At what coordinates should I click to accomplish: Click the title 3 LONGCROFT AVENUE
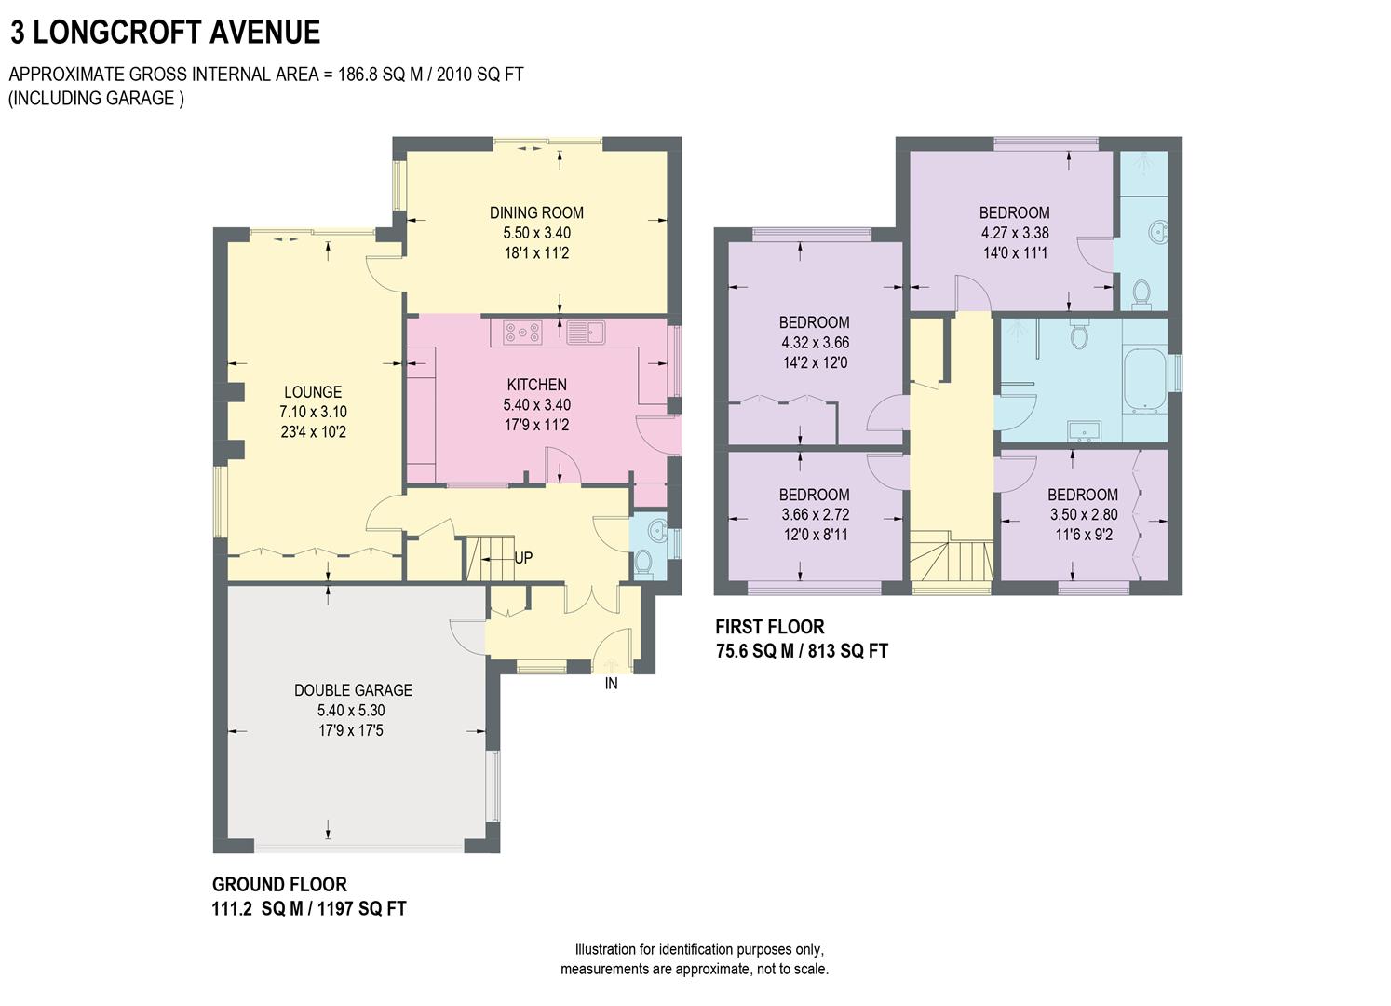[165, 33]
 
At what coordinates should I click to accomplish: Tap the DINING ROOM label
[536, 212]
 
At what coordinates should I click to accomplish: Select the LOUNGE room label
[313, 392]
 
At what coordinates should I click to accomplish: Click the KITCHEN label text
[536, 385]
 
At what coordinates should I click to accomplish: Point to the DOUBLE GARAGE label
[353, 690]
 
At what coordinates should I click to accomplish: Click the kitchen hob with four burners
[522, 332]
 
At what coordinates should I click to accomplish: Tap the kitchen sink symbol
[586, 332]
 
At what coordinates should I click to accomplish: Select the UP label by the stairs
[523, 558]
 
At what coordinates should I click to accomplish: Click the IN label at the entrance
[612, 684]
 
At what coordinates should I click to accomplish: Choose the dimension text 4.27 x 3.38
[1014, 233]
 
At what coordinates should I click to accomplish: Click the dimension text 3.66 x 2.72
[814, 514]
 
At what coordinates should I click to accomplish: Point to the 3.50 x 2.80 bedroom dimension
[1083, 514]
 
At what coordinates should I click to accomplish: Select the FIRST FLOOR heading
[770, 627]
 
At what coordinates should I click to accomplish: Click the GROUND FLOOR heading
[279, 885]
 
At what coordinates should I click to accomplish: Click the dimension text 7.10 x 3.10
[313, 412]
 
